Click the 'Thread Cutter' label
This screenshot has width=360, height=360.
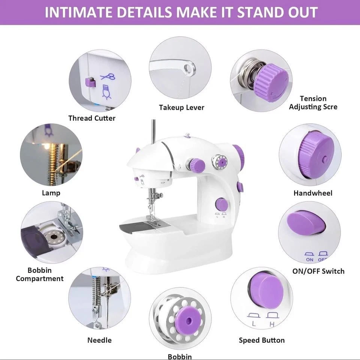(x=92, y=118)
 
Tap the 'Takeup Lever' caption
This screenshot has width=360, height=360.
(x=181, y=108)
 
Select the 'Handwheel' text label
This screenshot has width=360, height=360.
(x=313, y=193)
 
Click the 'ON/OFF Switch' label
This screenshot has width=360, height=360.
(x=318, y=271)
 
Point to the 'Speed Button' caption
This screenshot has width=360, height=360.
(x=262, y=340)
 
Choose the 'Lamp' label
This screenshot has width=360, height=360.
(x=51, y=193)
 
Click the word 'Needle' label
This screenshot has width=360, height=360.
(x=99, y=340)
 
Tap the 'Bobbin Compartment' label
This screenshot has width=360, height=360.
(x=40, y=274)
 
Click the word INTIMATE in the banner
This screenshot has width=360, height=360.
(x=74, y=12)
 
